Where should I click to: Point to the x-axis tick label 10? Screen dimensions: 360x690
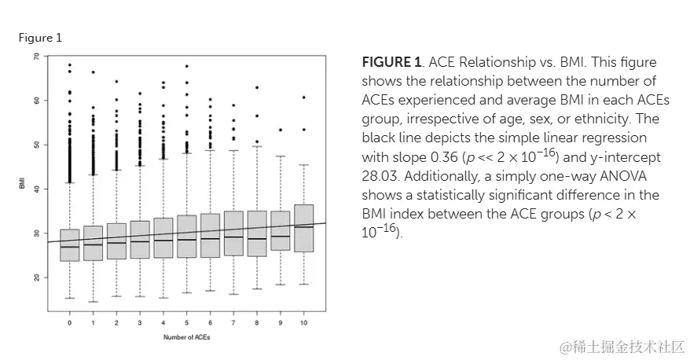303,323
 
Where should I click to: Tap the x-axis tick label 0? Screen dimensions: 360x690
69,323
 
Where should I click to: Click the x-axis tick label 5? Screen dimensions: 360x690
186,323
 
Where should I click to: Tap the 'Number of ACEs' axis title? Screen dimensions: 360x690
186,337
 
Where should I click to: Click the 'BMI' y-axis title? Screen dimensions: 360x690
23,184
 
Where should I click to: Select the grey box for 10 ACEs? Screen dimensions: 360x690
303,228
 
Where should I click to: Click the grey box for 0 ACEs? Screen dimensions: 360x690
69,245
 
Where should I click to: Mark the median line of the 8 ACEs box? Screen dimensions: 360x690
257,238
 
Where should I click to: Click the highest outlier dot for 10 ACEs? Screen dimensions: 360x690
303,97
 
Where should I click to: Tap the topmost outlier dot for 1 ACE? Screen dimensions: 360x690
93,72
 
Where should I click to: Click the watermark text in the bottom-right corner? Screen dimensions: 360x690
621,346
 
